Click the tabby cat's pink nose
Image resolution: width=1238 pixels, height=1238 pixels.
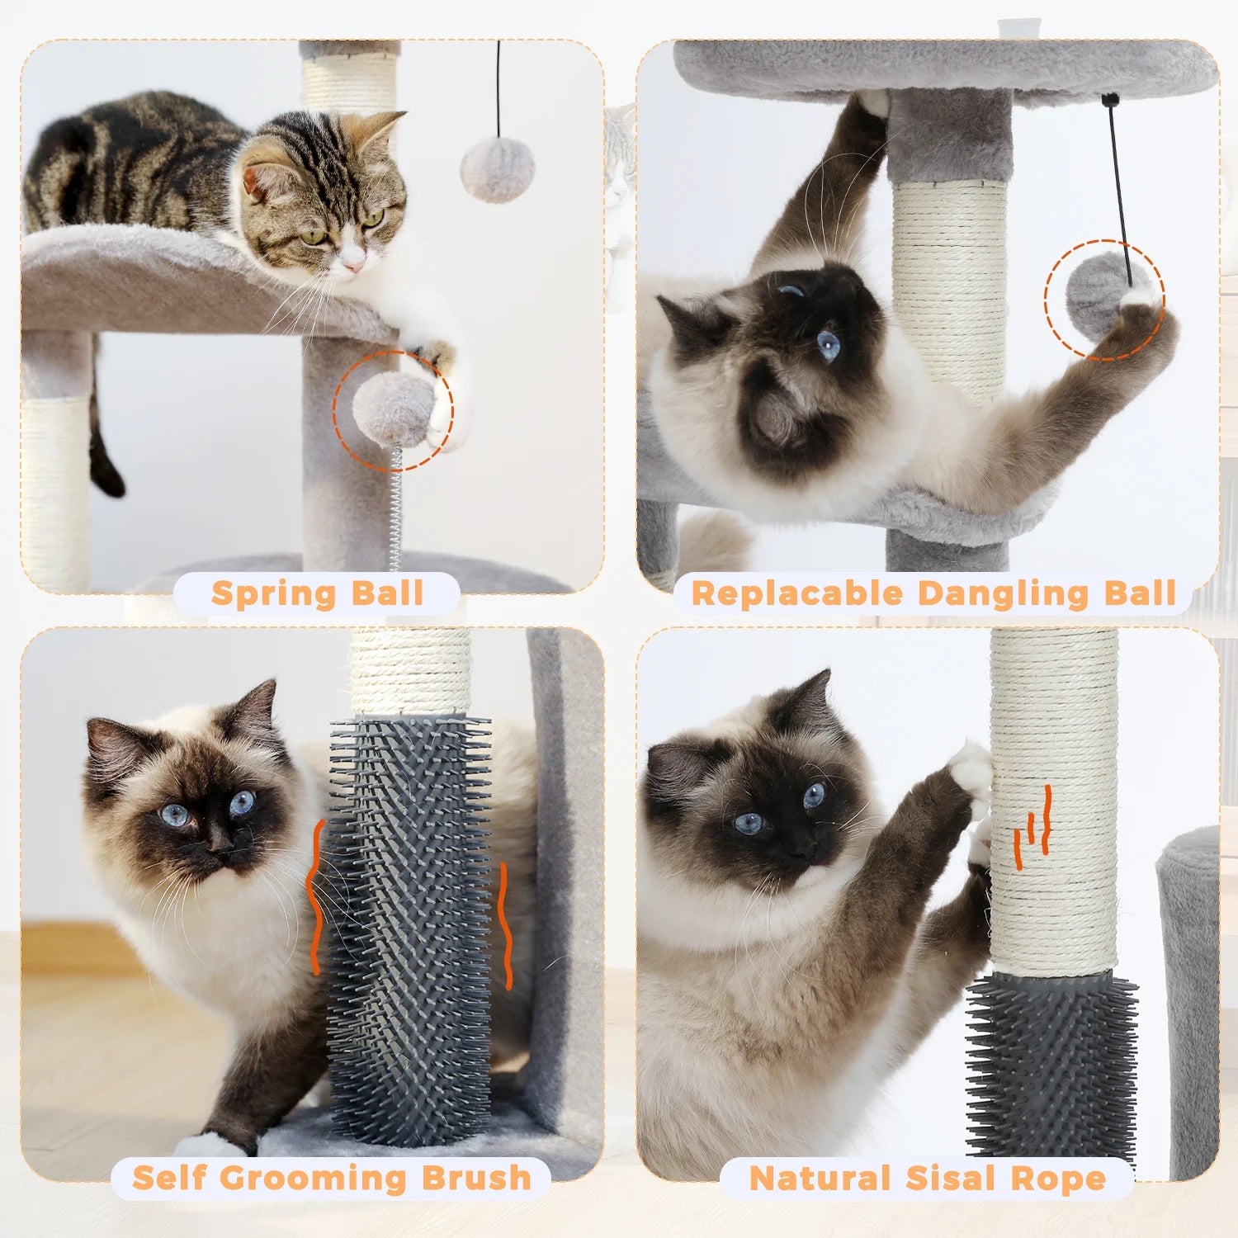353,263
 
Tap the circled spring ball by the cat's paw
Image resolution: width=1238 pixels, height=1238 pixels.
393,409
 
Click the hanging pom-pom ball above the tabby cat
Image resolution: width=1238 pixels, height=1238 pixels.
497,170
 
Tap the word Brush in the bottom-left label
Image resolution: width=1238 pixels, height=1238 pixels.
477,1178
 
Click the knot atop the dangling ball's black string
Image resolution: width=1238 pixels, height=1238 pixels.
1111,101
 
